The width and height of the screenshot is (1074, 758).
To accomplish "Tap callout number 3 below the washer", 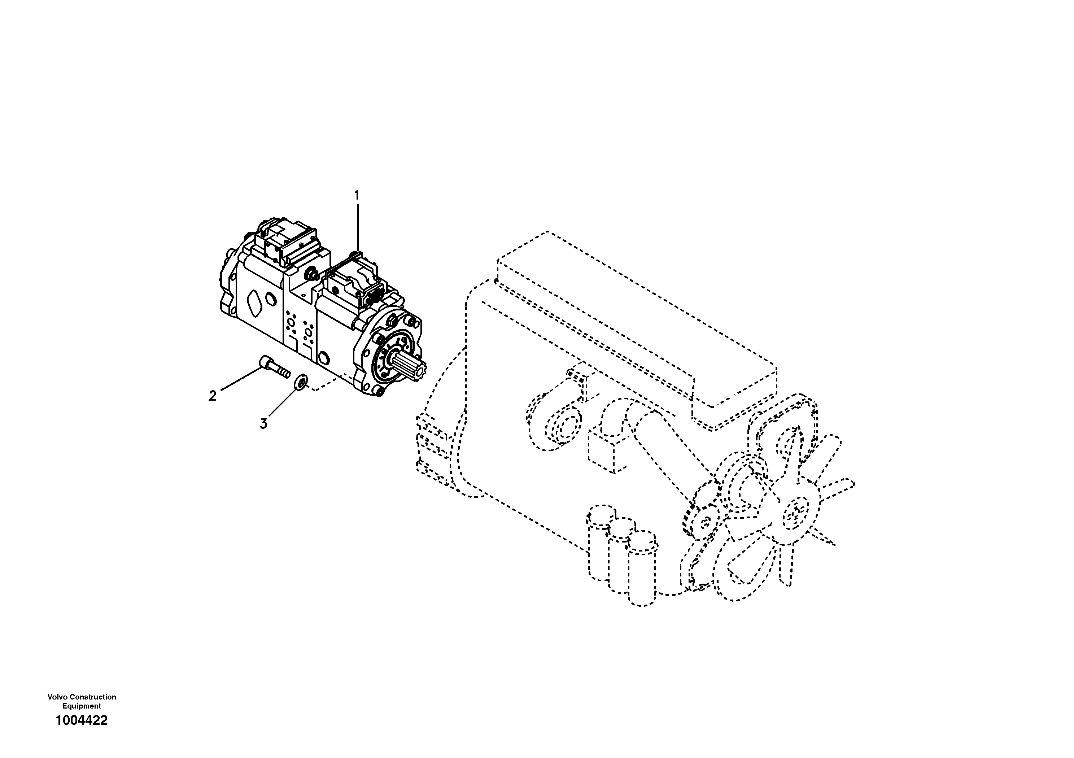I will (264, 424).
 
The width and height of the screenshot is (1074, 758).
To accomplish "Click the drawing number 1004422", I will (82, 720).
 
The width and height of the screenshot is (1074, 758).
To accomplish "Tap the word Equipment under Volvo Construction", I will (82, 706).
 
